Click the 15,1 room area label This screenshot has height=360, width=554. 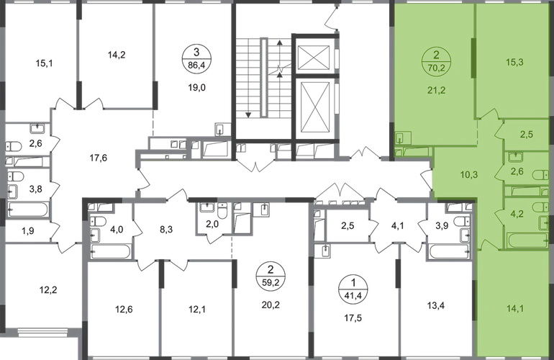tap(44, 63)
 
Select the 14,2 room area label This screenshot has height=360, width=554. tap(117, 55)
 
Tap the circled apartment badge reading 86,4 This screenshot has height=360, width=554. tap(196, 59)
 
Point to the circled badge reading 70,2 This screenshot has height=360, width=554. tap(436, 60)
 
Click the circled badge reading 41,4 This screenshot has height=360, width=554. tap(353, 288)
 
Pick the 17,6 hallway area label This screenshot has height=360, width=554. tap(98, 158)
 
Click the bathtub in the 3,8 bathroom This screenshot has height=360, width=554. tap(27, 210)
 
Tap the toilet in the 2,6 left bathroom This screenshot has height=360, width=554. tap(14, 146)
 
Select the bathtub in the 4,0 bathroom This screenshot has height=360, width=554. tap(110, 252)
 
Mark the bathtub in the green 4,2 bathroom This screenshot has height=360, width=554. tap(527, 240)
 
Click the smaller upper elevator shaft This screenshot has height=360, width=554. tap(314, 56)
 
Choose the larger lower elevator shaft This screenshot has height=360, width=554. tap(314, 107)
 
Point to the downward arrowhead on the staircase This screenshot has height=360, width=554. tap(248, 114)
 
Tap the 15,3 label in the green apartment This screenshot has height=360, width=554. tap(514, 62)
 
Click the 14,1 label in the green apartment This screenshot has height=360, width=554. tap(515, 309)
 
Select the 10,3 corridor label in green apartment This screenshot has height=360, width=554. tap(469, 175)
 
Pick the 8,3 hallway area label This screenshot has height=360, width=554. tap(165, 230)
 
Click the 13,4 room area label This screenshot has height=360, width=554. tap(436, 305)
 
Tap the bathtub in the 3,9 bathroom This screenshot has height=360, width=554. tap(450, 252)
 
